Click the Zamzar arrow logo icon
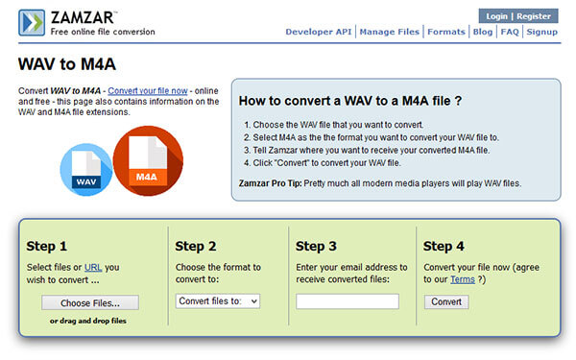32,23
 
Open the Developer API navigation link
319,32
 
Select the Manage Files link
390,32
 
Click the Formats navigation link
446,32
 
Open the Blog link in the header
483,32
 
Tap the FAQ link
510,32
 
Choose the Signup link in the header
541,32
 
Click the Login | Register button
518,16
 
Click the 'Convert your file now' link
148,91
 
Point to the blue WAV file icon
86,169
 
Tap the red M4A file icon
148,161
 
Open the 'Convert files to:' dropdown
218,301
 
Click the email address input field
348,301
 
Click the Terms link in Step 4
463,279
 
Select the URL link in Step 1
93,268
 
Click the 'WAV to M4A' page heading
67,64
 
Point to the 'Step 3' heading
316,246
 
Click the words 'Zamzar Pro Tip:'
271,183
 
